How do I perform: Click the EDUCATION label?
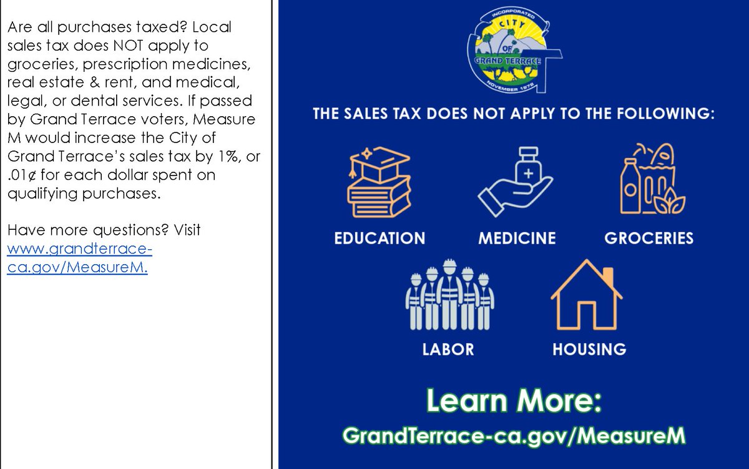379,238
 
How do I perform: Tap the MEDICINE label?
517,238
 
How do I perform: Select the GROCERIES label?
649,238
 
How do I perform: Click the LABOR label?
448,349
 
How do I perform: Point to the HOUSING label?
589,349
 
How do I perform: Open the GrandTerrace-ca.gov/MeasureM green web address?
514,435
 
